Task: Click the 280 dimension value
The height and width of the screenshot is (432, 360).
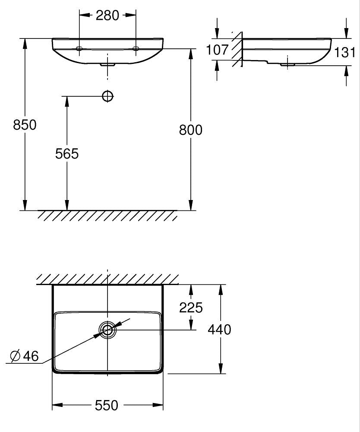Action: [107, 16]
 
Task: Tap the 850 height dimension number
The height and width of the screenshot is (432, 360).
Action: [25, 125]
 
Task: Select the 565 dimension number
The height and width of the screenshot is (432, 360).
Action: [67, 153]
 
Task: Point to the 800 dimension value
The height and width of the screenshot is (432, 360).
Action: [190, 130]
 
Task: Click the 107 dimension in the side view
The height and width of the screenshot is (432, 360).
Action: [218, 50]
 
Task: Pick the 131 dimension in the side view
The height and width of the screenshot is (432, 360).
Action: [345, 52]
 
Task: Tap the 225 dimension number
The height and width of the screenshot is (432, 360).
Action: [191, 308]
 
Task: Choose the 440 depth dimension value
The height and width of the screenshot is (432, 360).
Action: [219, 330]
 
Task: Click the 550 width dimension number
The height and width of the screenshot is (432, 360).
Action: [107, 405]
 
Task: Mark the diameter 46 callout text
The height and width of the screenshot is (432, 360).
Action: [24, 356]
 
